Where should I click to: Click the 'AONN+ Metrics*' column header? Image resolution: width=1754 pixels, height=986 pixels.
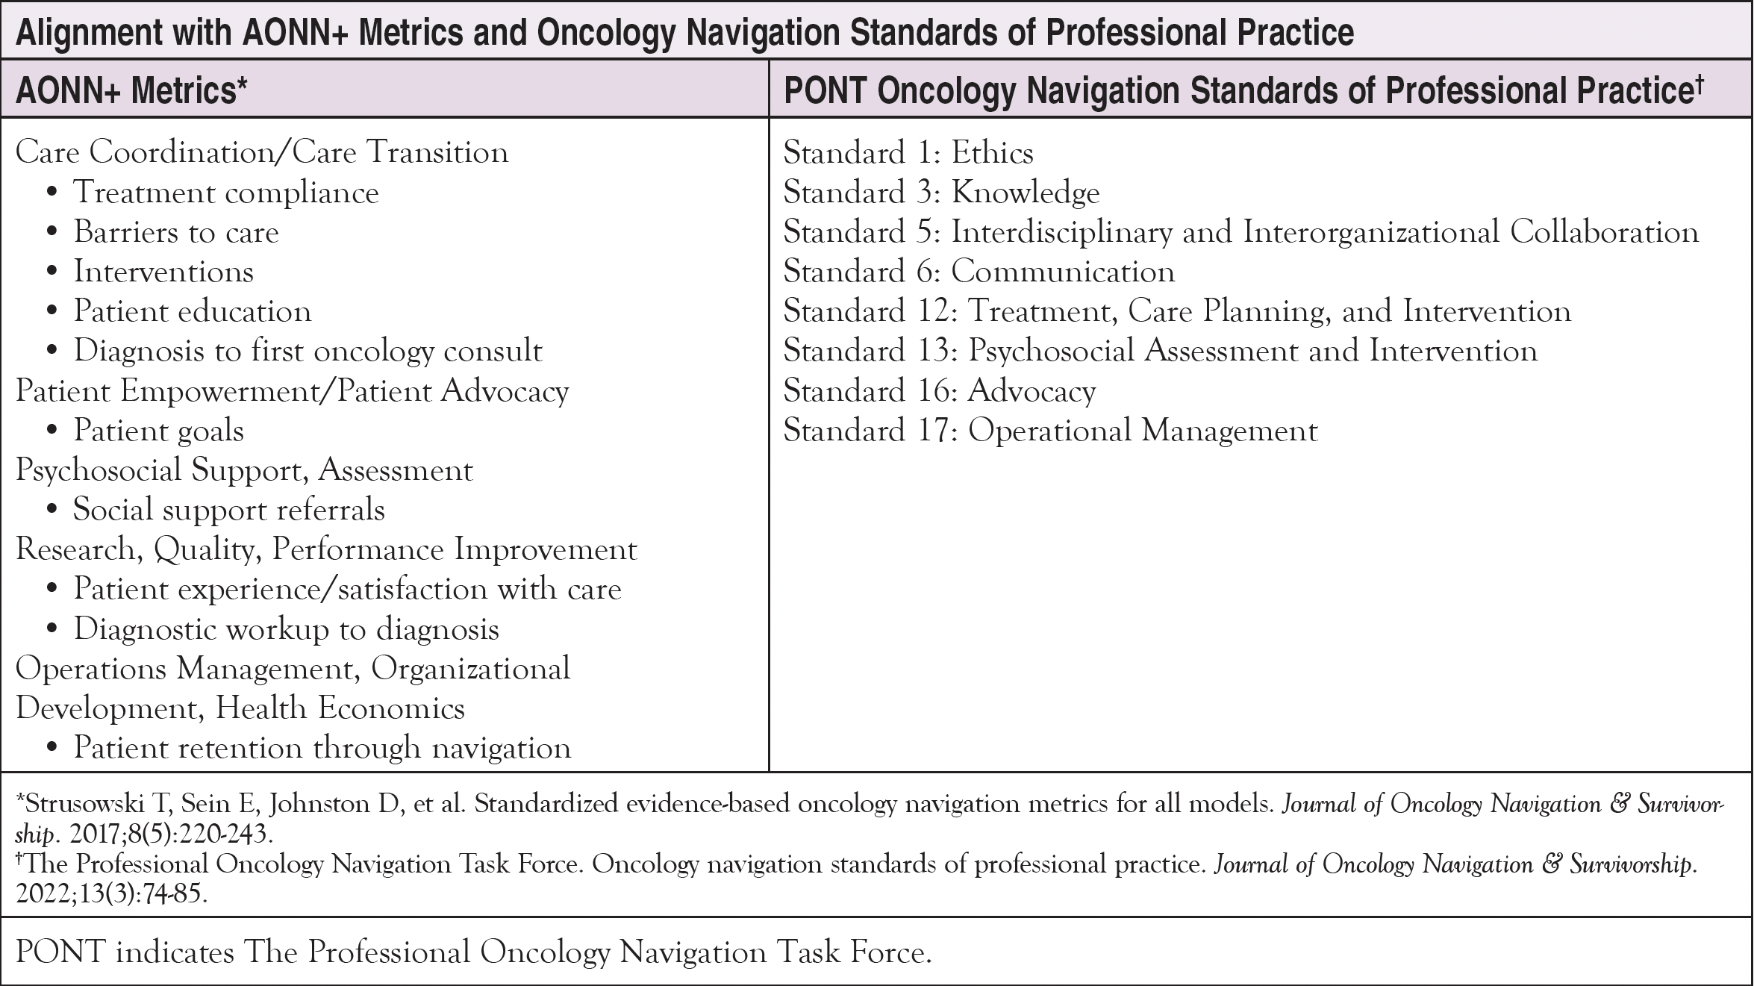131,91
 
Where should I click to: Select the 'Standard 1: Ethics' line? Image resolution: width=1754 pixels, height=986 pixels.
908,153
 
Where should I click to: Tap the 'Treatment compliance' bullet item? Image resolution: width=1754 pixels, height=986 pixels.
225,193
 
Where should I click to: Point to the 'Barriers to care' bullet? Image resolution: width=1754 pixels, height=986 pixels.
176,232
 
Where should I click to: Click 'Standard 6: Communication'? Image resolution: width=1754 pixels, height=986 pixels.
979,272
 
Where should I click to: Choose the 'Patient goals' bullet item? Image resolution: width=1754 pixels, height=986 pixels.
158,431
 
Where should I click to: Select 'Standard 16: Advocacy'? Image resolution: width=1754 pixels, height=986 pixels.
939,391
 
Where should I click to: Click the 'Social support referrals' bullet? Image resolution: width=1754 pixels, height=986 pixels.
228,510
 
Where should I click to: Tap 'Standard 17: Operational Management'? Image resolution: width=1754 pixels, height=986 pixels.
1050,431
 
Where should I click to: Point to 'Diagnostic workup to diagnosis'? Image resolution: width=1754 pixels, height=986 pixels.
286,629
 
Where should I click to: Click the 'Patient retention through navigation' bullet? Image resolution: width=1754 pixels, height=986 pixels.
322,748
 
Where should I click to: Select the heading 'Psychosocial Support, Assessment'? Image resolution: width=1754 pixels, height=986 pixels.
244,470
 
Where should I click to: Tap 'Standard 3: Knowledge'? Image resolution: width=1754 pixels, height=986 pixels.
940,193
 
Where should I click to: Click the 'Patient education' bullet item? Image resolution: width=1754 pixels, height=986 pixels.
192,311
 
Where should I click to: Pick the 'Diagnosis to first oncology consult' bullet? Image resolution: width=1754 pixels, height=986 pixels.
308,351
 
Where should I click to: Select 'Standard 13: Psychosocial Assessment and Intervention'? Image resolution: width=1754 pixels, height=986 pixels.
1160,351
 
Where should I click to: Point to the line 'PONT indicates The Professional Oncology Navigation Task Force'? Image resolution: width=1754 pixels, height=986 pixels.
473,952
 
